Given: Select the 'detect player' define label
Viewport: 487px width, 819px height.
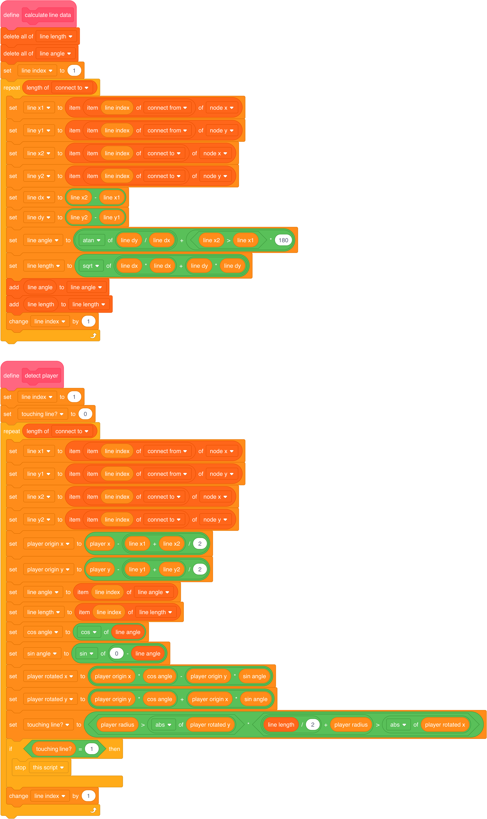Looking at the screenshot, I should (41, 375).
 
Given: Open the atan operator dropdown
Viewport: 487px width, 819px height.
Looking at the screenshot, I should (92, 240).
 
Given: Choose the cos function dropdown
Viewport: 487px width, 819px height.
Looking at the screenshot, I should (89, 632).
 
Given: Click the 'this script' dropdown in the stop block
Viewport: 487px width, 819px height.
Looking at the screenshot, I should (48, 767).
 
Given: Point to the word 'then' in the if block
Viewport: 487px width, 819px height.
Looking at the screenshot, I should (114, 749).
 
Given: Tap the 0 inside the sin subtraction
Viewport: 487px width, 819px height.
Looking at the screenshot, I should (117, 653).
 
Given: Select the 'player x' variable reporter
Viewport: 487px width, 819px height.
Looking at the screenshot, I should (100, 544).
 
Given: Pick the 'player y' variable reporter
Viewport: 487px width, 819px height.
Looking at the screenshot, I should (100, 569).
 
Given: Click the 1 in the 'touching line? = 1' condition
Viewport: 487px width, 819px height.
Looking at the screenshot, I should (92, 749).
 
